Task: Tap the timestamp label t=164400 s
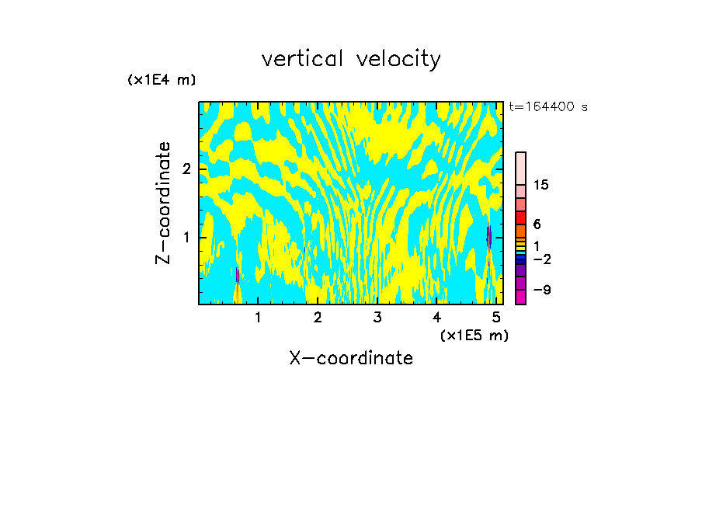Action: pos(548,106)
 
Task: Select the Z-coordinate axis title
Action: pos(163,203)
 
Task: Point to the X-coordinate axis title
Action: pos(351,358)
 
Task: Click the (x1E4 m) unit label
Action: pos(162,80)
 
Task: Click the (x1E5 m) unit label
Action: pos(474,335)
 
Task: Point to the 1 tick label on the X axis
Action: pos(258,317)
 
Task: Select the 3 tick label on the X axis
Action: pos(377,317)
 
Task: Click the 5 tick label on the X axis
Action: pos(495,317)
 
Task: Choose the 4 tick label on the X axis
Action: pos(436,317)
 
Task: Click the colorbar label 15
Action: pos(541,185)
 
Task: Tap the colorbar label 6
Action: pos(537,224)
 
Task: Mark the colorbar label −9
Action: pos(541,290)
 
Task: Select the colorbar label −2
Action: pos(541,259)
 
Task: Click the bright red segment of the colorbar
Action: pos(521,217)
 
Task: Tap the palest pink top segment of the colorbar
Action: pos(521,168)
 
